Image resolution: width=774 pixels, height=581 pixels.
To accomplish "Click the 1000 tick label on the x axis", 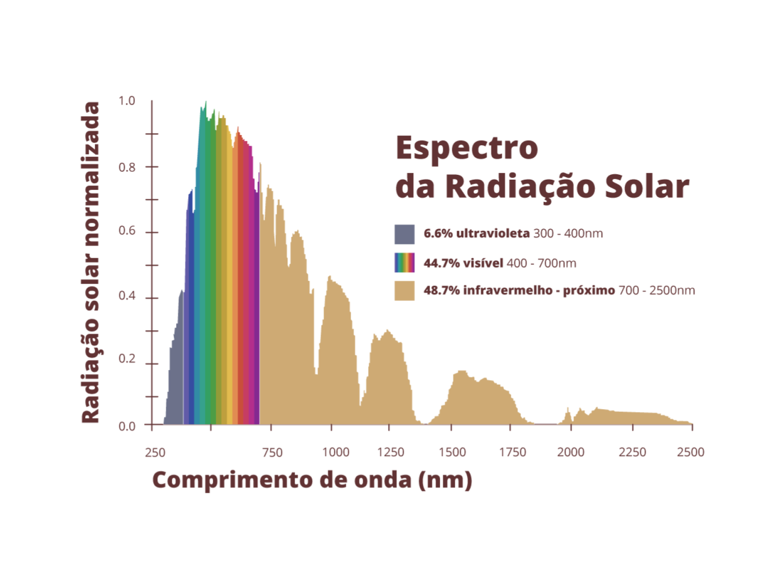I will (336, 452).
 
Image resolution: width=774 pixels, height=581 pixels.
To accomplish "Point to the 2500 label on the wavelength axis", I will (690, 452).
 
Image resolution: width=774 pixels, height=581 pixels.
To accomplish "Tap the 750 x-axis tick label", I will (272, 453).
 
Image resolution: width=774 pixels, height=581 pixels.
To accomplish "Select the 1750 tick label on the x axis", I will (512, 452).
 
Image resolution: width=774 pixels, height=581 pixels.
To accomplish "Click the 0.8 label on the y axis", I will (127, 168).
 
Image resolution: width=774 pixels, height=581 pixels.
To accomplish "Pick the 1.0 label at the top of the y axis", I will (127, 101).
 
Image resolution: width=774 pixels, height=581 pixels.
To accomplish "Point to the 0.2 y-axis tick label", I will (127, 359).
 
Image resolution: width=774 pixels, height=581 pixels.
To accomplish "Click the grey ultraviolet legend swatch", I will (404, 234).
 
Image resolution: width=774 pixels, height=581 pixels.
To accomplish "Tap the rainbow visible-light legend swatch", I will (404, 262).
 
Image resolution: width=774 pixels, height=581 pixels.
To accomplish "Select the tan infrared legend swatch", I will (404, 290).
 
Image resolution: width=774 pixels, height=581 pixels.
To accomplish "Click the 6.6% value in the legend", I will (438, 233).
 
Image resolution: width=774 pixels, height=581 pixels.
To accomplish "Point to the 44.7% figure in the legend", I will (441, 263).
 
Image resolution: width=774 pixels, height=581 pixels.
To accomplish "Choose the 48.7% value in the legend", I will (441, 290).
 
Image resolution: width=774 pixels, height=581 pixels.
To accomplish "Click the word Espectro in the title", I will (467, 148).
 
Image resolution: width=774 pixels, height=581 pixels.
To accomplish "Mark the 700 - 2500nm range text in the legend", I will (656, 290).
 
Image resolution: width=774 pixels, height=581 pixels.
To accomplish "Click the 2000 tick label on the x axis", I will (571, 452).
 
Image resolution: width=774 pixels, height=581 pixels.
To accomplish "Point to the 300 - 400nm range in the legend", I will (568, 233).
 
